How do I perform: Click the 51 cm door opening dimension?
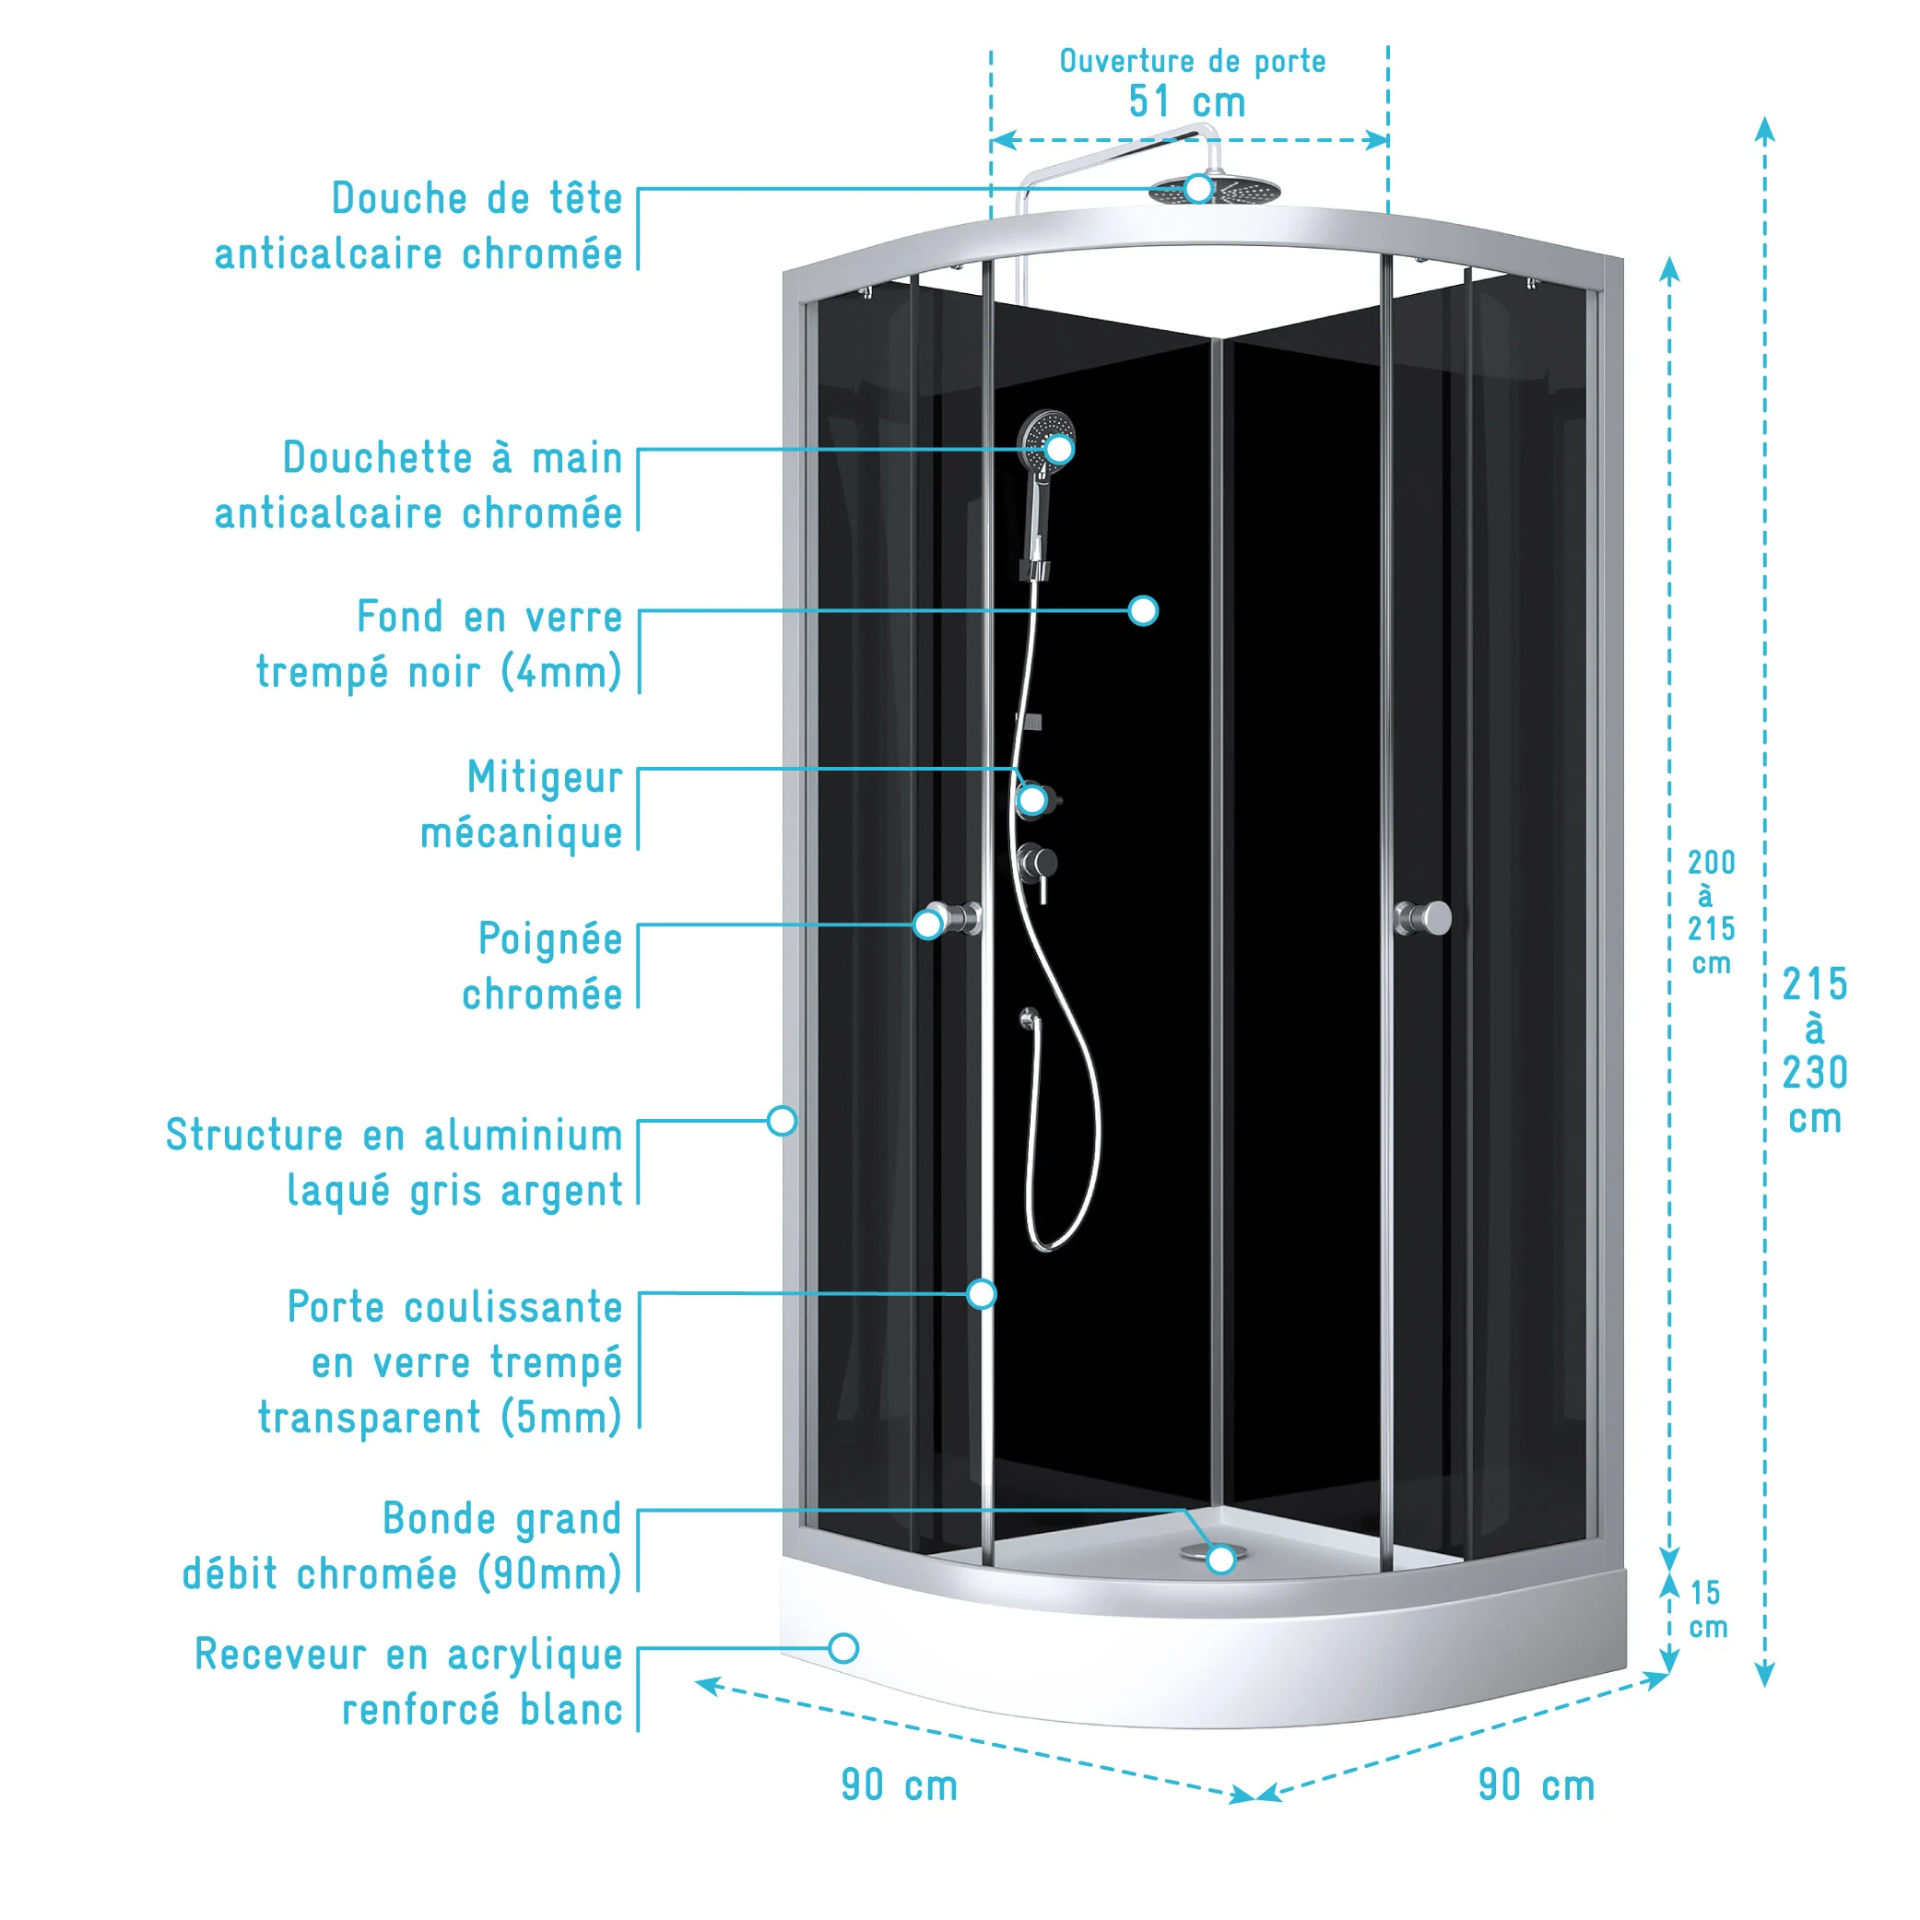click(1186, 102)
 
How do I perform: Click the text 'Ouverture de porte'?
click(1192, 62)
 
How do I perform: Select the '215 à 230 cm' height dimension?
click(1814, 1052)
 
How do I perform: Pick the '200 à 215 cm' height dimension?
click(1711, 913)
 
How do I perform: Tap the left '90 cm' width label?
click(900, 1785)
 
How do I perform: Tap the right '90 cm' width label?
click(1537, 1785)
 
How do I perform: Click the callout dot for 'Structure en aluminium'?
click(783, 1121)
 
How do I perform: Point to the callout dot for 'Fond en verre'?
click(1143, 610)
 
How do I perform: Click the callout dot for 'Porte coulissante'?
click(982, 1293)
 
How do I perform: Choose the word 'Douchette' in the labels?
click(378, 458)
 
